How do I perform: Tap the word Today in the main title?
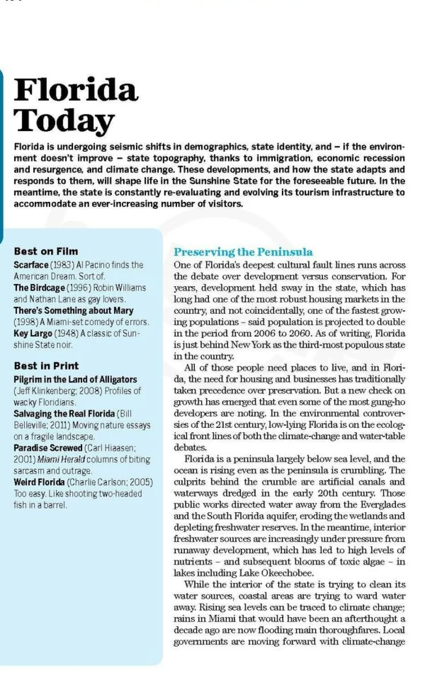[x=64, y=120]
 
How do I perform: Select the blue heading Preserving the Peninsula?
[x=243, y=252]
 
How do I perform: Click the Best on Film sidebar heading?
[x=46, y=251]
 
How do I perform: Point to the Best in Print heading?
[x=46, y=366]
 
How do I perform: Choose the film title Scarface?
[x=31, y=265]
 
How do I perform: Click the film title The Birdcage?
[x=39, y=288]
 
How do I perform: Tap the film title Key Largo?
[x=33, y=333]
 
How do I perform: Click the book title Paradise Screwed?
[x=48, y=448]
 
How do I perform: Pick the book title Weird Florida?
[x=39, y=482]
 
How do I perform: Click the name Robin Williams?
[x=119, y=288]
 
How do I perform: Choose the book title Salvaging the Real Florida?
[x=64, y=413]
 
